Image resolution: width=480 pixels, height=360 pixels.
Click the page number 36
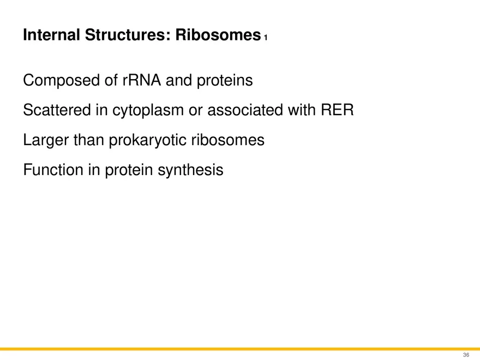pyautogui.click(x=465, y=355)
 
